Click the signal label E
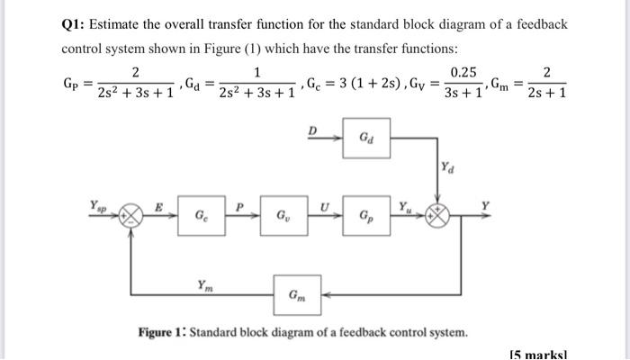click(x=158, y=205)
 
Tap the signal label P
click(x=240, y=205)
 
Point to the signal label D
click(x=313, y=130)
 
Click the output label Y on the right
click(x=486, y=204)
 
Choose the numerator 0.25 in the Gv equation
click(x=463, y=71)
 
